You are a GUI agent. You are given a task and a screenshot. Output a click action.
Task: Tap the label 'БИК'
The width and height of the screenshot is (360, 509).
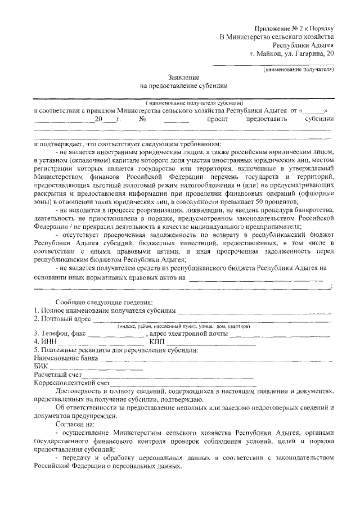(x=41, y=366)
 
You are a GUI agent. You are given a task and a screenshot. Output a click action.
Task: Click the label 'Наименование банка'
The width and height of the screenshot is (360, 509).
(x=66, y=358)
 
